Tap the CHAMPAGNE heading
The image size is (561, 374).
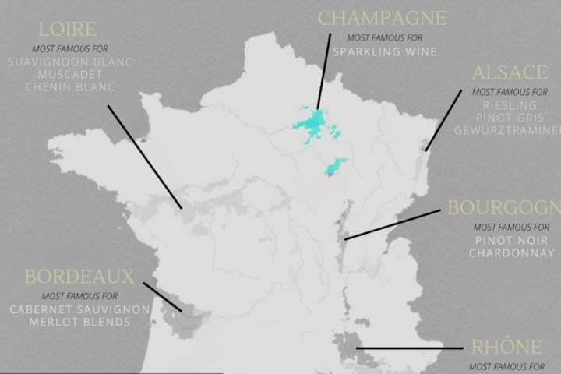(383, 18)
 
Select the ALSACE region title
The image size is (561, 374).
(510, 72)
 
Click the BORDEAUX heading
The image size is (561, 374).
(79, 277)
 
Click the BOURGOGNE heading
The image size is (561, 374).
(503, 208)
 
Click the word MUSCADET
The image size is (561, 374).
(69, 74)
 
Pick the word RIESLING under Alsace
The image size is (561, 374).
(510, 104)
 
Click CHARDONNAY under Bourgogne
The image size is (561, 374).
(513, 253)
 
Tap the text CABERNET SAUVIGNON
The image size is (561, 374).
(79, 309)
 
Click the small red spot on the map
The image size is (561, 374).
(329, 175)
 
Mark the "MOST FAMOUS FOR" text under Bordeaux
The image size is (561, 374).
(79, 296)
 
